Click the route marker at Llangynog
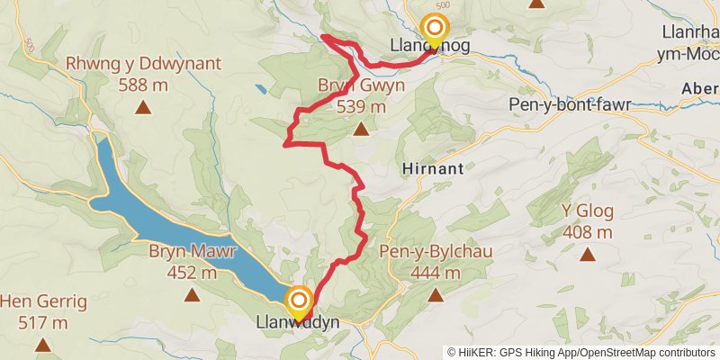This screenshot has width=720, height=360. (435, 30)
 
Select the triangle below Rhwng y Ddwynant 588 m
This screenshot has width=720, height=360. (142, 108)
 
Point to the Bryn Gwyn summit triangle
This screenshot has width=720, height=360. (361, 130)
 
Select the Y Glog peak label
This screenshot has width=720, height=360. (587, 212)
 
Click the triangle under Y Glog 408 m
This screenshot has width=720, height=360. (587, 255)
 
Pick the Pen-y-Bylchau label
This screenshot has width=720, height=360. (436, 251)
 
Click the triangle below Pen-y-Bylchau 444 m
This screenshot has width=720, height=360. (436, 294)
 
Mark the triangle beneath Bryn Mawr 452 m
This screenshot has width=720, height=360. (191, 294)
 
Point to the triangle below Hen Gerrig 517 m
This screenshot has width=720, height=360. (42, 344)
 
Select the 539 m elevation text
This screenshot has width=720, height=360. (361, 106)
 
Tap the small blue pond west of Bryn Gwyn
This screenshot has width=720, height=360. (259, 91)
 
